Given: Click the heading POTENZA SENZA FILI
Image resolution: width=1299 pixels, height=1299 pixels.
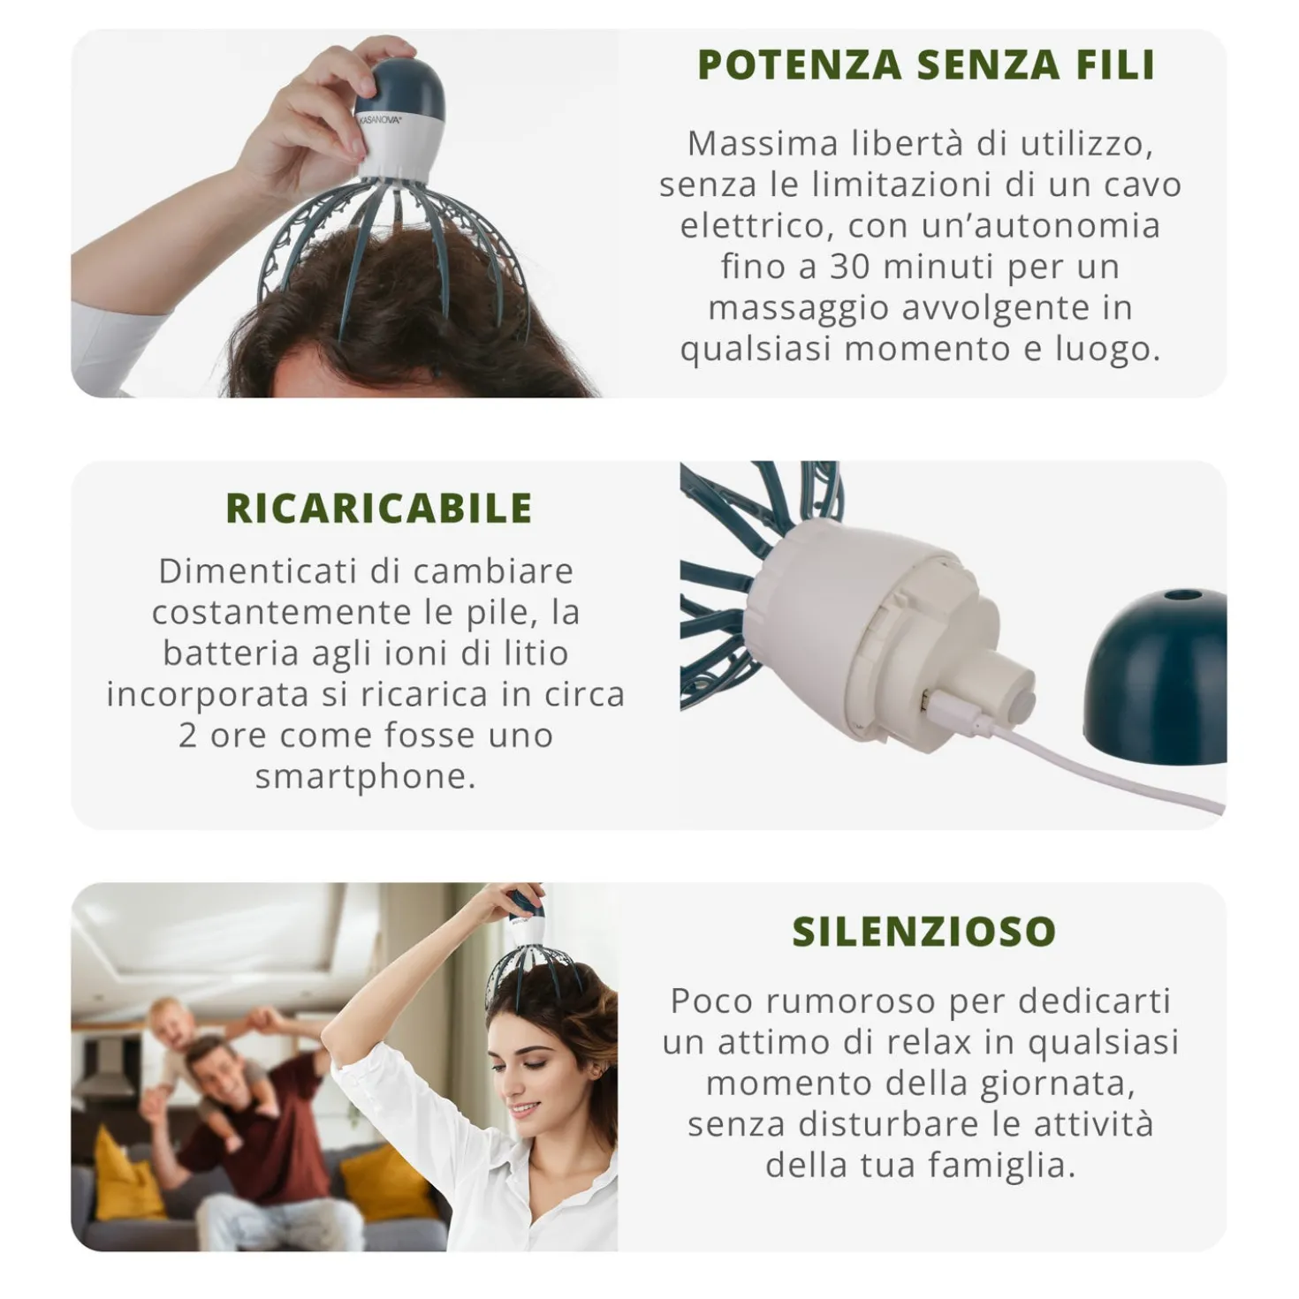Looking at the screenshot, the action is pyautogui.click(x=926, y=65).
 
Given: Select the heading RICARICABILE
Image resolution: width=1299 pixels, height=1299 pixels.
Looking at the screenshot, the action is pyautogui.click(x=379, y=509).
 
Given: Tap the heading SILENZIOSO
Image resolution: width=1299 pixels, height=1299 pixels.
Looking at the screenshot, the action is pyautogui.click(x=923, y=932).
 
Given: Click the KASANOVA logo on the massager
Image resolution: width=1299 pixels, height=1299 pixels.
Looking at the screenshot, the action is pyautogui.click(x=381, y=120).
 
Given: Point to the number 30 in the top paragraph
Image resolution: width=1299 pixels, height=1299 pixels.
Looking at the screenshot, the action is pyautogui.click(x=850, y=267).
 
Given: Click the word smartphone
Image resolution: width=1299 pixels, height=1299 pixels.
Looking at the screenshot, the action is pyautogui.click(x=366, y=777).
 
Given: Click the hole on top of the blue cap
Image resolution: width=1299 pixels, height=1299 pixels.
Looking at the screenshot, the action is pyautogui.click(x=1180, y=596).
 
